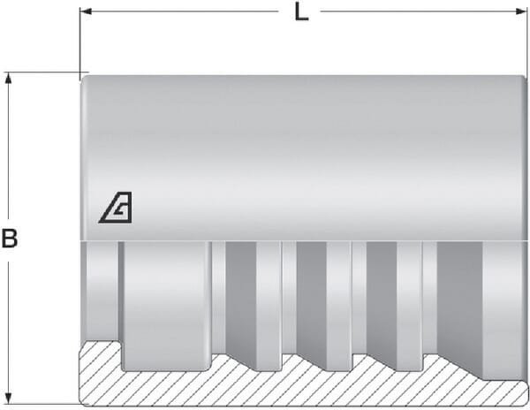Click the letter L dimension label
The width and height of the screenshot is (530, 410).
tap(302, 14)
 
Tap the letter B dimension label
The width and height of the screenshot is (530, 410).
tap(10, 239)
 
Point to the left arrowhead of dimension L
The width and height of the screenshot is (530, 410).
tap(86, 13)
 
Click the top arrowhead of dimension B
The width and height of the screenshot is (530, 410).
tap(10, 78)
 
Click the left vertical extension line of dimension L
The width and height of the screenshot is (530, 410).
tap(80, 44)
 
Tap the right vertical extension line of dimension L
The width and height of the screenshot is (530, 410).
tap(526, 44)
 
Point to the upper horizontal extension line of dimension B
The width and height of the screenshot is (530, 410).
tap(44, 72)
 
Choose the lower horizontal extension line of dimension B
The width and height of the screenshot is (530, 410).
tap(44, 406)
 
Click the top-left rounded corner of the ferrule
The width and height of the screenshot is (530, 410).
tap(85, 80)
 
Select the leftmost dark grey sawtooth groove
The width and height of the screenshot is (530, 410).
tap(241, 300)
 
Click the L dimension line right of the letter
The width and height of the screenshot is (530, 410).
tap(415, 13)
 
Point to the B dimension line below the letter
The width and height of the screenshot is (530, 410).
tap(10, 327)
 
